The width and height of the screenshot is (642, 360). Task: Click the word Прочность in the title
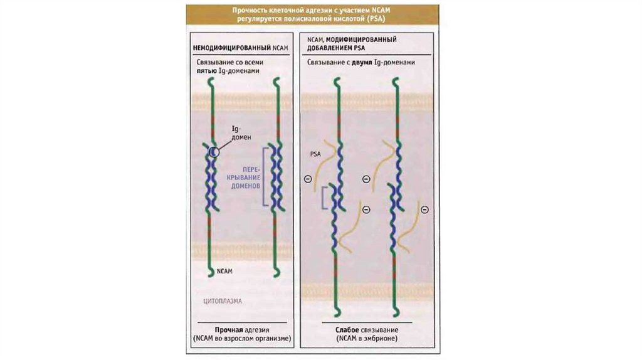coord(249,10)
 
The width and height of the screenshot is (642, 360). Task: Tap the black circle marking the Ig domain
coord(214,151)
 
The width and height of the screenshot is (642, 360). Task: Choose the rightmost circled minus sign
coord(424,209)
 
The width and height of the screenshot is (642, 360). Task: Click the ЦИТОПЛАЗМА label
coord(223,302)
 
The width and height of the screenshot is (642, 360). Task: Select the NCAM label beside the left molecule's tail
coord(225,272)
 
